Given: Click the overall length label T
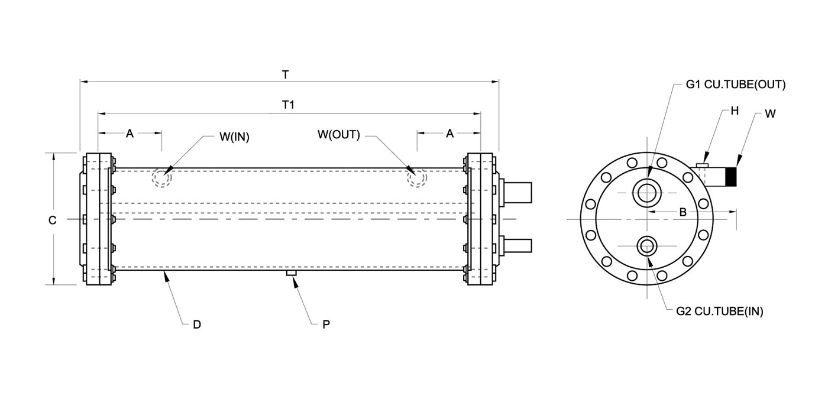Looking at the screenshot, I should click(286, 75).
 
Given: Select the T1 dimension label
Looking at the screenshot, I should click(288, 105).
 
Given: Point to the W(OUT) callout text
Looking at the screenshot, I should click(338, 134).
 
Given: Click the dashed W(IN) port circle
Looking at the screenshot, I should click(162, 177).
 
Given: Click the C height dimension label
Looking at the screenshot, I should click(52, 220).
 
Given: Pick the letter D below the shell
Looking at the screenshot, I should click(197, 324).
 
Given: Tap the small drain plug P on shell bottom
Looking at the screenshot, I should click(291, 273).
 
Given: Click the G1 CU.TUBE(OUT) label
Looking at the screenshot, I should click(735, 85).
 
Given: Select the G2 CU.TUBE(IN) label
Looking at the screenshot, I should click(719, 312).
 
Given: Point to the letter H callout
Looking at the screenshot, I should click(735, 111).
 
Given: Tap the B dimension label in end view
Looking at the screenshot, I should click(682, 213).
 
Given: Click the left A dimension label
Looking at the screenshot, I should click(130, 134).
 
